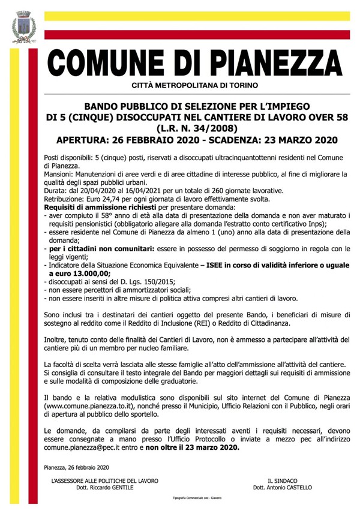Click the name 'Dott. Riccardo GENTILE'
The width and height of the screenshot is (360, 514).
pyautogui.click(x=98, y=488)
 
